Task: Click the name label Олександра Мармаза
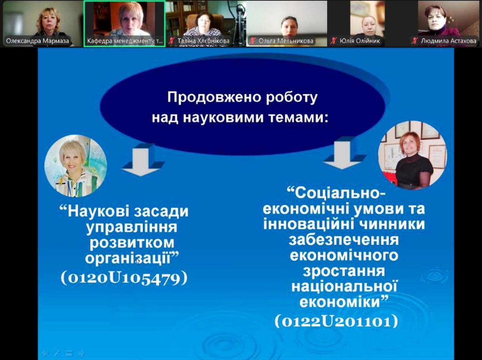pos(37,41)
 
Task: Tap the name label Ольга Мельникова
pos(286,41)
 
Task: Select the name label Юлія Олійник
pos(360,41)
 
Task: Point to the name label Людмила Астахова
pos(448,41)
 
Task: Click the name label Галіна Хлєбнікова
pos(203,41)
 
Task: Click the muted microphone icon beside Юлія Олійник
pos(334,41)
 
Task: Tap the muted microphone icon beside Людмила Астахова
pos(415,41)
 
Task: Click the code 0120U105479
pos(124,278)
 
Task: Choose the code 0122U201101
pos(336,322)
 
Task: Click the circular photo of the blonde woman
pos(76,166)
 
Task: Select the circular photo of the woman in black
pos(413,155)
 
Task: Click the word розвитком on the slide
pos(132,243)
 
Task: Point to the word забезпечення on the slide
pos(343,240)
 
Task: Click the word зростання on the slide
pos(344,271)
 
